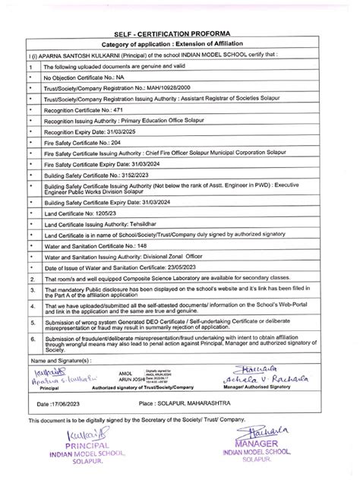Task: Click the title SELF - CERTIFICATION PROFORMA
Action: click(x=180, y=36)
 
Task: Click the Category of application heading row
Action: click(x=180, y=46)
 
